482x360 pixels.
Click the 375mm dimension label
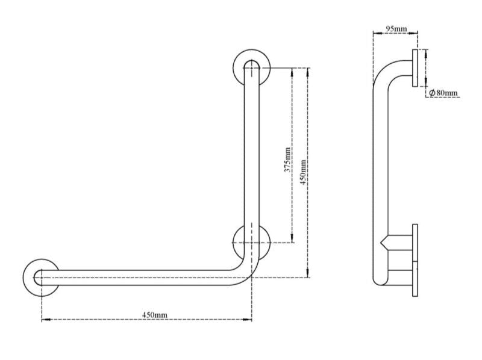(x=287, y=161)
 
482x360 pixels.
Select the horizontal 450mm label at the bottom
(x=155, y=314)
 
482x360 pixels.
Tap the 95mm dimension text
(x=396, y=28)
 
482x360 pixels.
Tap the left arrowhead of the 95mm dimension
(x=375, y=34)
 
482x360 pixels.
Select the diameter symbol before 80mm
(x=432, y=93)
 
